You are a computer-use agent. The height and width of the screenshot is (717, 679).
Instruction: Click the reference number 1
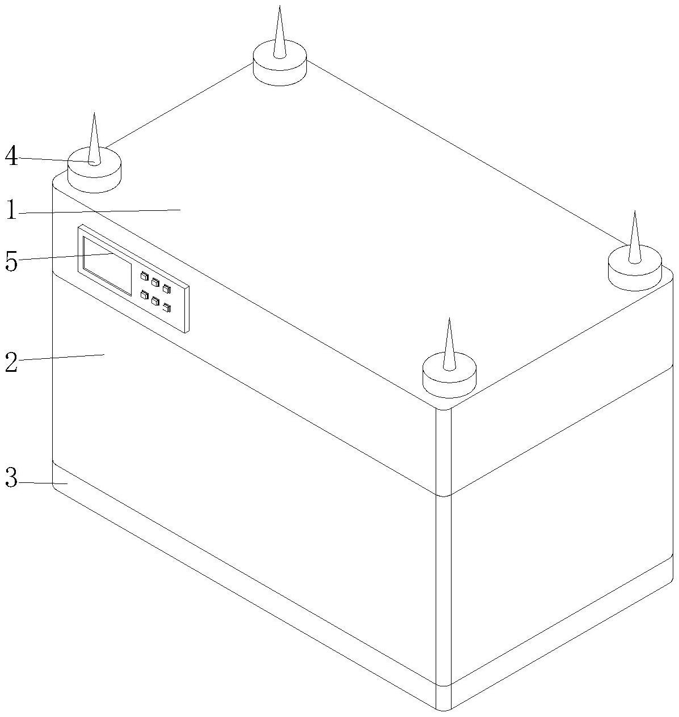pos(12,210)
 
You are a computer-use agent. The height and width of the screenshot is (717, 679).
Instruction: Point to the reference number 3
pos(11,478)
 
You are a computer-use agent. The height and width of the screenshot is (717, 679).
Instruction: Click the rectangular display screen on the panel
pos(107,265)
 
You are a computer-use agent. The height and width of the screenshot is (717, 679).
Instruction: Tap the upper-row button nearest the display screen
pos(145,276)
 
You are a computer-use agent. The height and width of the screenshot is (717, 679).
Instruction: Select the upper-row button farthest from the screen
pos(166,289)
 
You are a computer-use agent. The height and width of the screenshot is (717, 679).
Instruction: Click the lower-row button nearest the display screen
pos(145,294)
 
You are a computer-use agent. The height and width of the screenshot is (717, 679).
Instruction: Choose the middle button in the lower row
pos(155,301)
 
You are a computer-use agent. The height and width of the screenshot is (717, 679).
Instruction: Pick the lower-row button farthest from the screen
pos(167,307)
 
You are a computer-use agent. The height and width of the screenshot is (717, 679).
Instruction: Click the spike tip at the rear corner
pos(280,6)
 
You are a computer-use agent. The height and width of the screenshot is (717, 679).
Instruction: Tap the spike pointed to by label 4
pos(94,139)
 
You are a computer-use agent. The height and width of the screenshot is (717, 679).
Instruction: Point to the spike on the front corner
pos(449,345)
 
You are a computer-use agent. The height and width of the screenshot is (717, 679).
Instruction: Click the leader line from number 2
pos(61,358)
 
